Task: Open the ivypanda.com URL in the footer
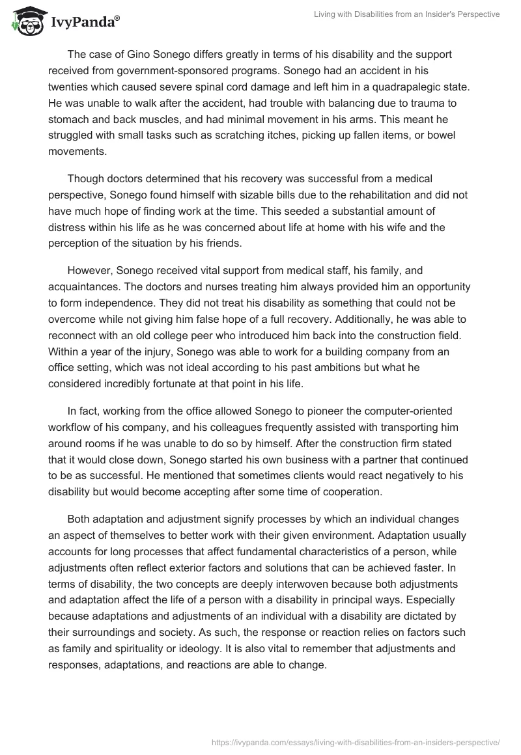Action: click(x=357, y=741)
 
